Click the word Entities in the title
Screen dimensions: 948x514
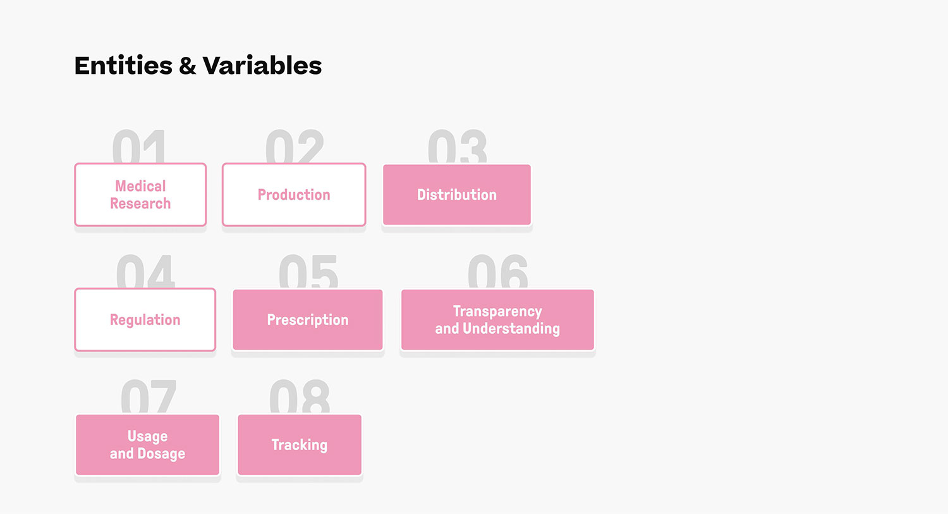(123, 66)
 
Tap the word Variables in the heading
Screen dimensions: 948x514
(262, 66)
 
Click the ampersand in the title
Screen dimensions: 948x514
(188, 66)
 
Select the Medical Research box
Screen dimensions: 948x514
(140, 195)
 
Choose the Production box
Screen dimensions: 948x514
(294, 195)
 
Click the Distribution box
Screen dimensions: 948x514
(457, 195)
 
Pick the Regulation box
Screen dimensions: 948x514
(145, 320)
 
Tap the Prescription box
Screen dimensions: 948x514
(308, 320)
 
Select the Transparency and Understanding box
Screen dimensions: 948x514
(498, 320)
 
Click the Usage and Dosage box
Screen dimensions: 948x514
(148, 444)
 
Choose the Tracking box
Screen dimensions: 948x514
(300, 444)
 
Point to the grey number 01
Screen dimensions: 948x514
(139, 147)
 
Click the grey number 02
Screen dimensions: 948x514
(295, 147)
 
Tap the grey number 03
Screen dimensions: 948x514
(457, 147)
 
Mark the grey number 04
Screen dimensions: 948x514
(145, 271)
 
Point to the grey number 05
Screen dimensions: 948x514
(308, 271)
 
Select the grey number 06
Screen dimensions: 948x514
(498, 271)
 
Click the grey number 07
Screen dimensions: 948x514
(148, 396)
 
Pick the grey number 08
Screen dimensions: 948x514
(300, 396)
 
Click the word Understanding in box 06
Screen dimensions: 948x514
(511, 329)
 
